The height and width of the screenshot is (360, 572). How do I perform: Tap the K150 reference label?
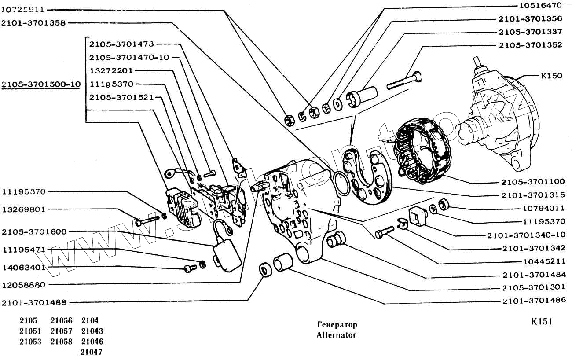[551, 76]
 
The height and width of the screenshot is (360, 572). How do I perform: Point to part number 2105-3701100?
[533, 181]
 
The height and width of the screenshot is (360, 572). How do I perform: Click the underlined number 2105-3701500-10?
[41, 84]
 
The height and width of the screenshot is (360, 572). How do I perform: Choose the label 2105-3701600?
[34, 231]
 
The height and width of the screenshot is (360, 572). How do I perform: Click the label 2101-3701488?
[34, 302]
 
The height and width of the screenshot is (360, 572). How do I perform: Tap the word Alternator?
[336, 335]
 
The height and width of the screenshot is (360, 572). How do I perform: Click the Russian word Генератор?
[337, 325]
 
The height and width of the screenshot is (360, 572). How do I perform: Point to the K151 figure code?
[541, 322]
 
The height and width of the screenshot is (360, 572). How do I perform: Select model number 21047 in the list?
[92, 352]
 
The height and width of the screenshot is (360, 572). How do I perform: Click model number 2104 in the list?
[90, 320]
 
